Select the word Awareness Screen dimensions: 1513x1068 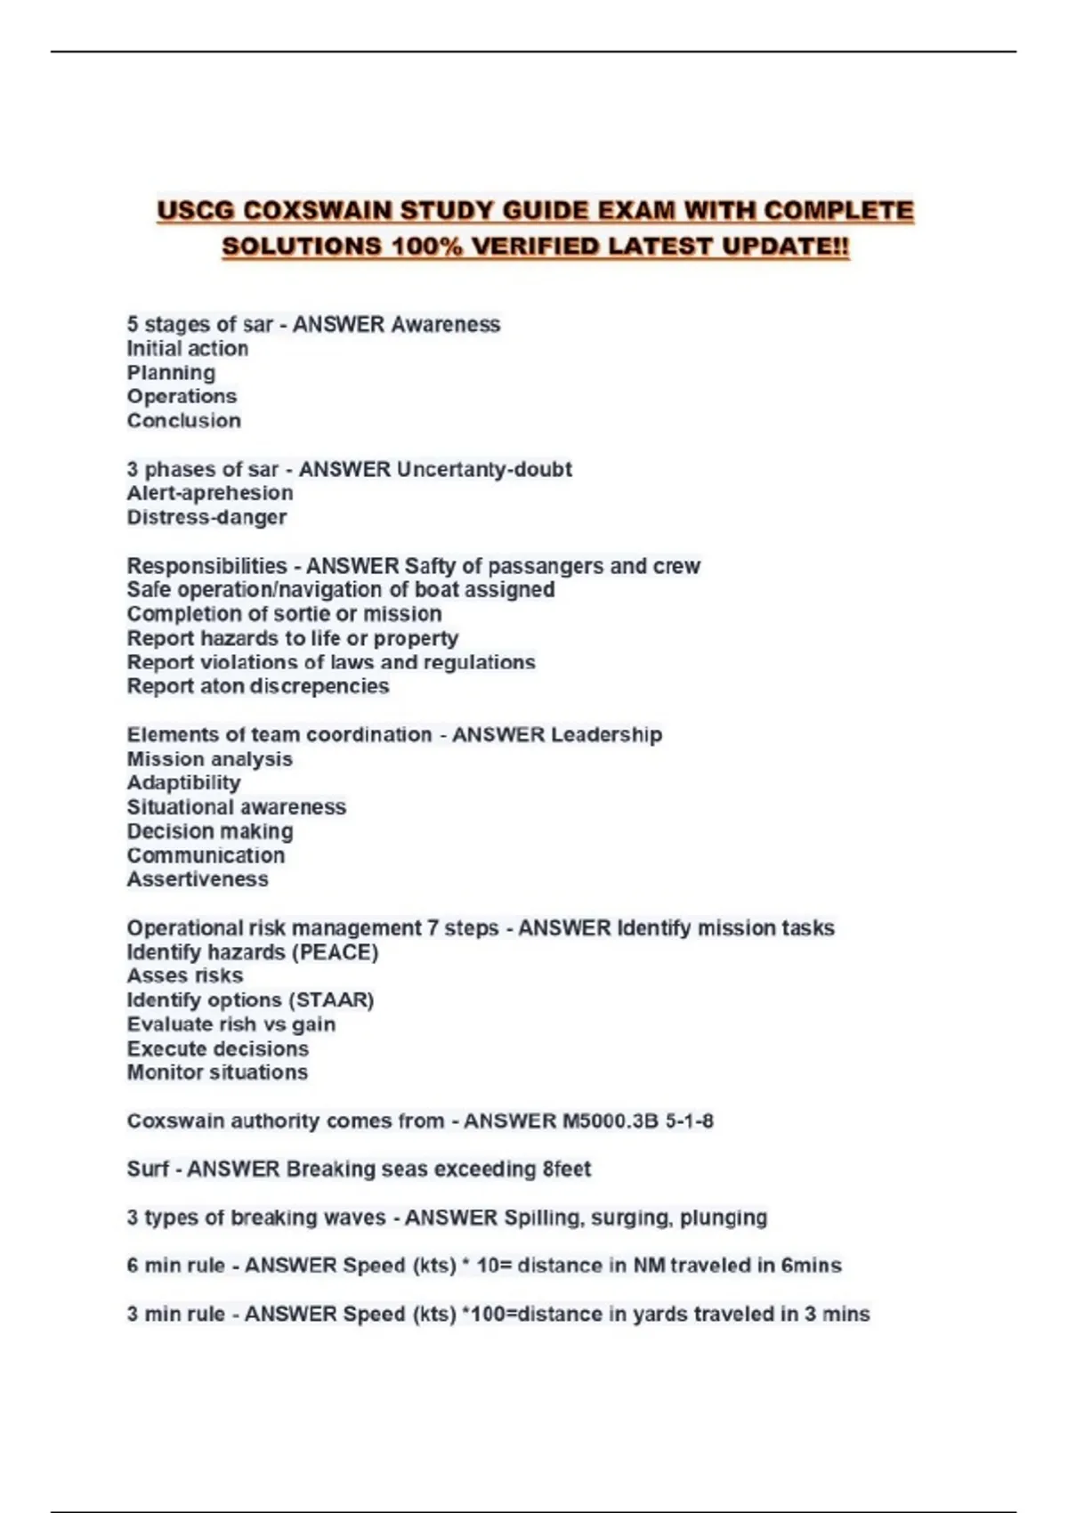click(446, 324)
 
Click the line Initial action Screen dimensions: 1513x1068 click(187, 348)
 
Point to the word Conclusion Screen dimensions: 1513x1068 click(183, 420)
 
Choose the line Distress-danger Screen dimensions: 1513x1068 click(206, 517)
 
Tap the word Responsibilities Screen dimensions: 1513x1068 click(206, 566)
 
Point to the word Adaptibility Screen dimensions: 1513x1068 click(183, 783)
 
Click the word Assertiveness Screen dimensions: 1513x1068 click(197, 879)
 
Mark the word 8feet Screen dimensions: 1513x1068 click(566, 1169)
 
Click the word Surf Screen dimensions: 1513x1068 click(147, 1169)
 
